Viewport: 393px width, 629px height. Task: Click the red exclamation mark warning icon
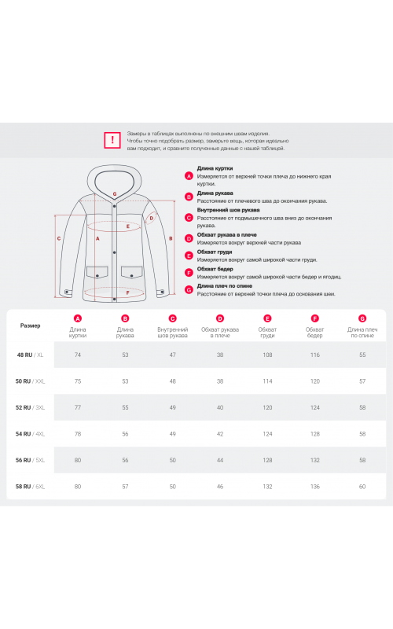(112, 140)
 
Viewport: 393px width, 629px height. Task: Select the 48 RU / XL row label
(30, 355)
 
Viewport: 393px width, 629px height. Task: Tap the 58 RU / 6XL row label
(30, 487)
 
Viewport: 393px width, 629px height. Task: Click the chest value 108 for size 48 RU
(267, 355)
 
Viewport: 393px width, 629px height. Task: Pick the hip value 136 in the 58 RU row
(315, 487)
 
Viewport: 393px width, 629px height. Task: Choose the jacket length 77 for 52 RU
(78, 407)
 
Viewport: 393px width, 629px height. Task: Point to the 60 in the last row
(362, 487)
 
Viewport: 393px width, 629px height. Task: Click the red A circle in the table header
(78, 318)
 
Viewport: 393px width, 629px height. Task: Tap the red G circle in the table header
(362, 318)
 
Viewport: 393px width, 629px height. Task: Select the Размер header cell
(31, 326)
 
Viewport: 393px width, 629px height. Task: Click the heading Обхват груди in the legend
(215, 252)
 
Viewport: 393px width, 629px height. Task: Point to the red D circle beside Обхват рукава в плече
(189, 239)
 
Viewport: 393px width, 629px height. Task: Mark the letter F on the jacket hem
(128, 292)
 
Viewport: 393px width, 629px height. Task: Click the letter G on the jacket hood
(115, 194)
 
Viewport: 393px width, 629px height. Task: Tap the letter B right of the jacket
(171, 239)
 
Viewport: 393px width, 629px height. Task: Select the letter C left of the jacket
(59, 239)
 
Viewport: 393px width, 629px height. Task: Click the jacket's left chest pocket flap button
(97, 276)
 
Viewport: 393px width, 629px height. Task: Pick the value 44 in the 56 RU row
(220, 460)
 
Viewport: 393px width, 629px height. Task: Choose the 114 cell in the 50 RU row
(267, 381)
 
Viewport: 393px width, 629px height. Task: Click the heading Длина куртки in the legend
(215, 168)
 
